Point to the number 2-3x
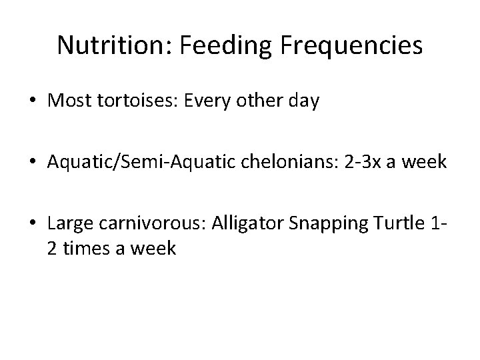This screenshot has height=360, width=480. tap(358, 163)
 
